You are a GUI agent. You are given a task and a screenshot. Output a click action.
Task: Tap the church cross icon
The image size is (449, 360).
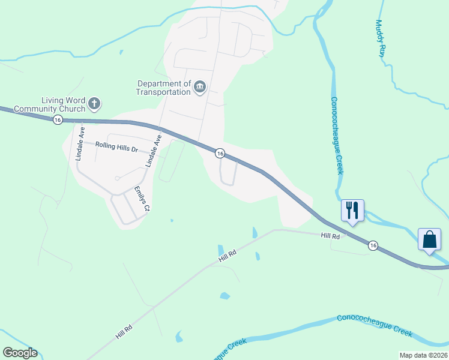pyautogui.click(x=94, y=104)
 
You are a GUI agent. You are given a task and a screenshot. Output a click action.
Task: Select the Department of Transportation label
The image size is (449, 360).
pyautogui.click(x=163, y=88)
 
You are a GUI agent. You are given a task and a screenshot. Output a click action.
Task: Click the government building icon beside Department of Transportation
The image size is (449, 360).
pyautogui.click(x=200, y=88)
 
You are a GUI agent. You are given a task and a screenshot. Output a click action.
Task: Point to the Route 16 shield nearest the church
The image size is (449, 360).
pyautogui.click(x=57, y=120)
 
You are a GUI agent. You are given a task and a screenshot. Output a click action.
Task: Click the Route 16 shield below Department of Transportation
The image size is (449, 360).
pyautogui.click(x=220, y=154)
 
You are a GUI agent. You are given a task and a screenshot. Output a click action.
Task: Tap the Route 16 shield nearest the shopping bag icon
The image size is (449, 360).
pyautogui.click(x=373, y=245)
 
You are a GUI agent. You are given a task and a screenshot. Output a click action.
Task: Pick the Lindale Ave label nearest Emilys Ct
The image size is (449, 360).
pyautogui.click(x=154, y=151)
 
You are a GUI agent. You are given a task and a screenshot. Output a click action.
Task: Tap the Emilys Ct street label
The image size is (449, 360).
pyautogui.click(x=141, y=199)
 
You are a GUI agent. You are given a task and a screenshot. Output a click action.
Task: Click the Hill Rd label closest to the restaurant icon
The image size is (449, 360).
pyautogui.click(x=330, y=237)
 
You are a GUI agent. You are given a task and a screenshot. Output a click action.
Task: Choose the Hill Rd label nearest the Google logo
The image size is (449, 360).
pyautogui.click(x=124, y=331)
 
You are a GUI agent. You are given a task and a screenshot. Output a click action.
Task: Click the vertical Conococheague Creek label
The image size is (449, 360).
pyautogui.click(x=338, y=136)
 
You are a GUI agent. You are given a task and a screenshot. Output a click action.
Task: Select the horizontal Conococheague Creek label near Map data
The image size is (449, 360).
pyautogui.click(x=375, y=325)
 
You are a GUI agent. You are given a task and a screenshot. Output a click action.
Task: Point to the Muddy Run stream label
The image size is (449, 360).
pyautogui.click(x=380, y=38)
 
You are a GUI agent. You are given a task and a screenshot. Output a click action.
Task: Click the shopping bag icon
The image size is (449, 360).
pyautogui.click(x=430, y=239)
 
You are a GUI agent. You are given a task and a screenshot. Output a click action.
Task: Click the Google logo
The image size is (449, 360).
pyautogui.click(x=20, y=353)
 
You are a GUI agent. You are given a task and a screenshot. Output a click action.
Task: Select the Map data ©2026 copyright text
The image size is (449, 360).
pyautogui.click(x=423, y=355)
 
